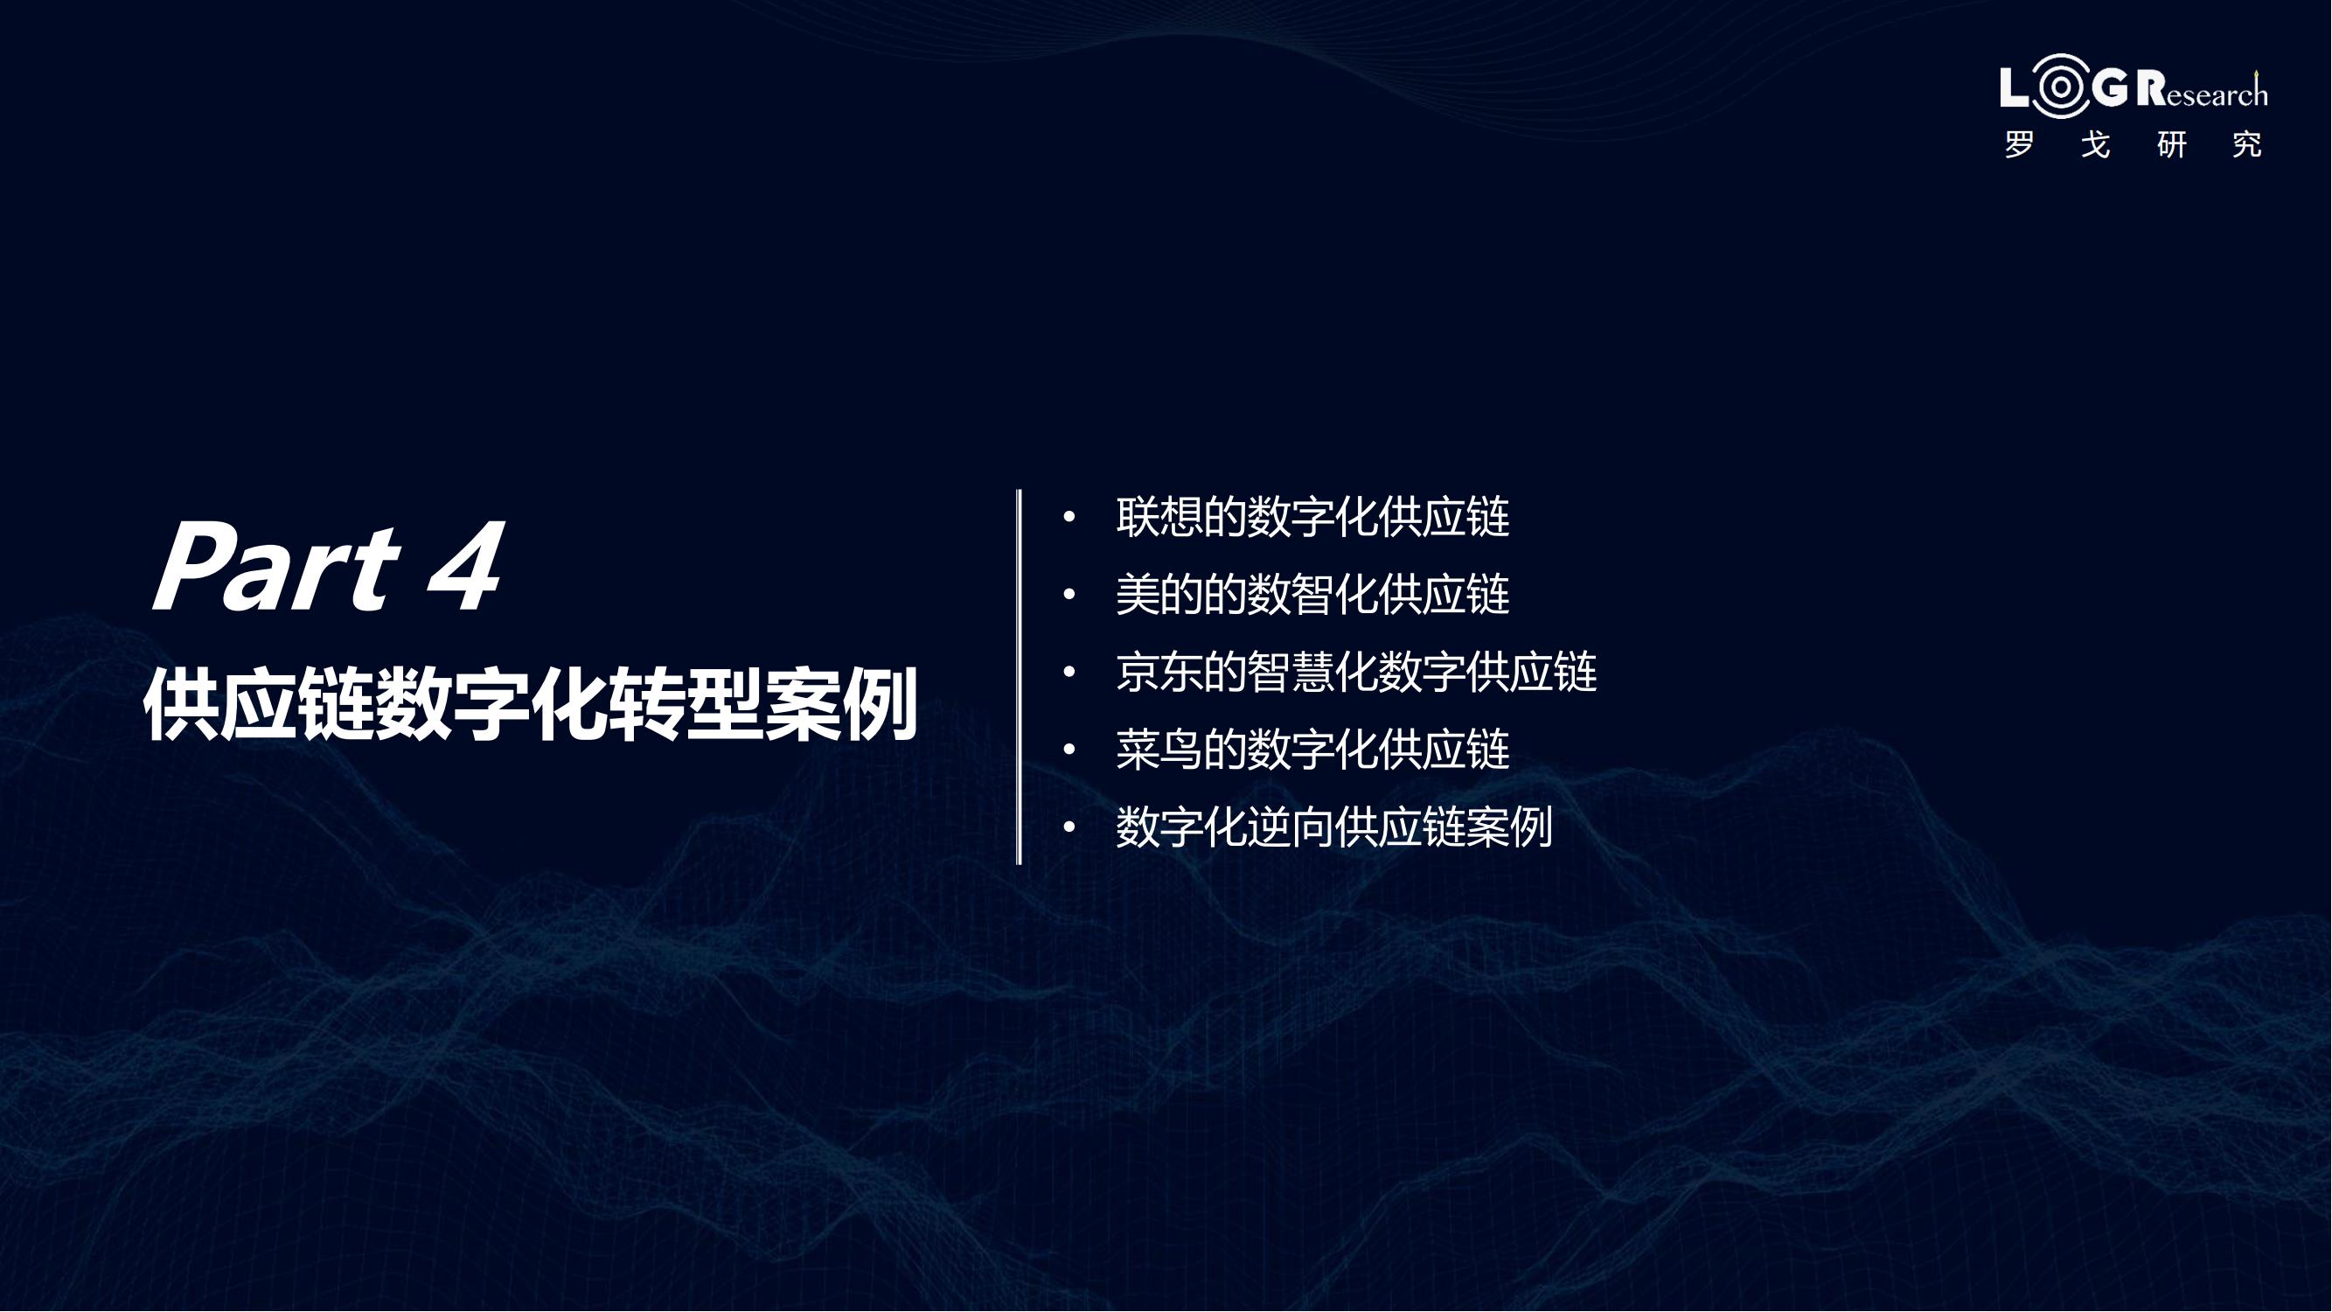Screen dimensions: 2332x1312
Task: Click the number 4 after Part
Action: [x=466, y=568]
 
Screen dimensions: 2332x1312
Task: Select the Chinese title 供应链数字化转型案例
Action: [x=531, y=705]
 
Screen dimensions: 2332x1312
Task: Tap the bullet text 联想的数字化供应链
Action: [x=1312, y=517]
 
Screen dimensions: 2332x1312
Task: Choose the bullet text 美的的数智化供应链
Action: [x=1312, y=595]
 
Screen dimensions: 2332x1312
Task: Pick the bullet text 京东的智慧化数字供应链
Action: [x=1356, y=672]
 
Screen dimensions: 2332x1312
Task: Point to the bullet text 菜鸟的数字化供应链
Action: [x=1312, y=750]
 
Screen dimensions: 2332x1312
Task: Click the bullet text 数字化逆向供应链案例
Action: [x=1334, y=827]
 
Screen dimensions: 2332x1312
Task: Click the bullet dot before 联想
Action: [x=1069, y=517]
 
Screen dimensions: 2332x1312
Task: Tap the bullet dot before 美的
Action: [x=1069, y=595]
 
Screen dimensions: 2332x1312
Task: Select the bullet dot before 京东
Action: [x=1069, y=672]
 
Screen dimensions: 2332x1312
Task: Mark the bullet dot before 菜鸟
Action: [x=1069, y=750]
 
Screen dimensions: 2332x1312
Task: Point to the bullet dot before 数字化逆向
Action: [x=1069, y=827]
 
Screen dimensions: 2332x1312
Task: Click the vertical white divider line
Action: [x=1020, y=677]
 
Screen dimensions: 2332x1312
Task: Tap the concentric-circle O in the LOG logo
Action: [x=2060, y=87]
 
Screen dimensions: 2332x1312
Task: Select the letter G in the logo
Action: [x=2110, y=87]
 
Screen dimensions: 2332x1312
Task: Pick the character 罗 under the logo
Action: [x=2020, y=145]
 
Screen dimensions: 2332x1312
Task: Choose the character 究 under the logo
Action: [x=2248, y=145]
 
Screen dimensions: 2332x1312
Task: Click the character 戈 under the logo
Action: [x=2096, y=145]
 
